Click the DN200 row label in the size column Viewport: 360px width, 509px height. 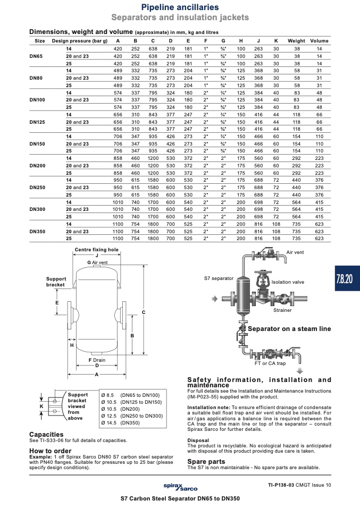(37, 166)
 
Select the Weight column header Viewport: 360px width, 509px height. (296, 41)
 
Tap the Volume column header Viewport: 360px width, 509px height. (320, 41)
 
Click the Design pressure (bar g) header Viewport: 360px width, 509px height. (80, 41)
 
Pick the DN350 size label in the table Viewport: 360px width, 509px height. (37, 232)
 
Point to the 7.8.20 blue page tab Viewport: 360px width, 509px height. (347, 278)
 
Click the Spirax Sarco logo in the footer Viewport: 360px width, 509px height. (180, 487)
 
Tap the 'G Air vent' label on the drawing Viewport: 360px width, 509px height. (97, 262)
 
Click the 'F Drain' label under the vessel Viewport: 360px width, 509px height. (97, 360)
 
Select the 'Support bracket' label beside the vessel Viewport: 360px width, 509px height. (56, 282)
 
